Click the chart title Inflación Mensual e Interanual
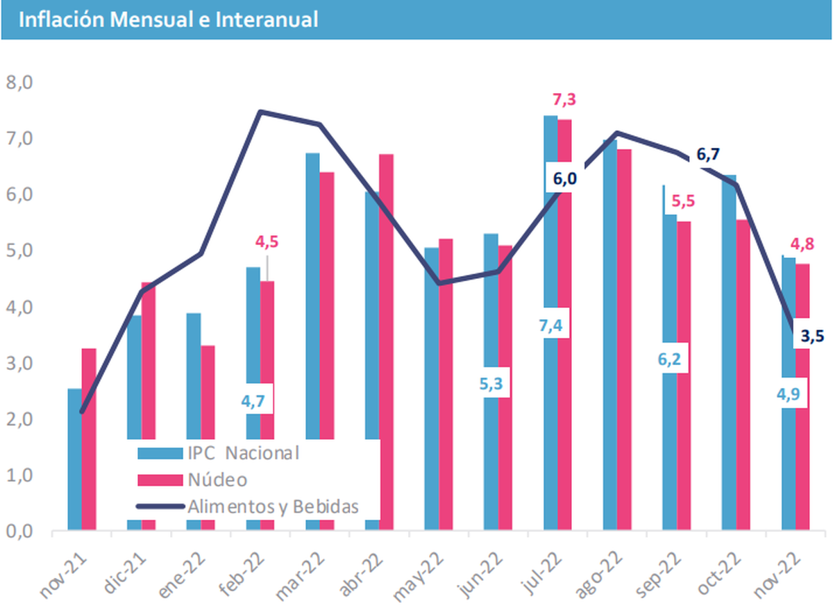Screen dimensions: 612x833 point(169,20)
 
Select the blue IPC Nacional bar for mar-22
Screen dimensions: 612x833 point(312,291)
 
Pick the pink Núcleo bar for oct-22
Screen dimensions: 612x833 point(743,375)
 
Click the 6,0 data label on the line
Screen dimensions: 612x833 point(564,179)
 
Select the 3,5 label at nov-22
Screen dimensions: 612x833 point(811,337)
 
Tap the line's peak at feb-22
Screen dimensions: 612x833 point(260,112)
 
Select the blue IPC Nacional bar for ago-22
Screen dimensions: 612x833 point(609,333)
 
